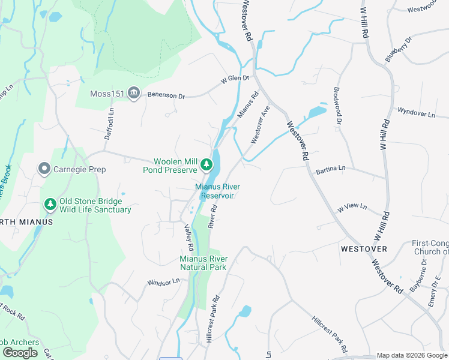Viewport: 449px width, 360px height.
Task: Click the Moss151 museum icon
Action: point(133,93)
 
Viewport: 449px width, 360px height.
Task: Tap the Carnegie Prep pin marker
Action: point(43,169)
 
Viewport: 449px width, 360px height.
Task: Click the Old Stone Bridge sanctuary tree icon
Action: point(50,205)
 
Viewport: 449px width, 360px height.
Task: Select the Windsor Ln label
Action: point(163,281)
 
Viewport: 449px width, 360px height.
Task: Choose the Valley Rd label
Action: point(189,238)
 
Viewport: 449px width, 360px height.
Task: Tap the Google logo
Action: point(20,353)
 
